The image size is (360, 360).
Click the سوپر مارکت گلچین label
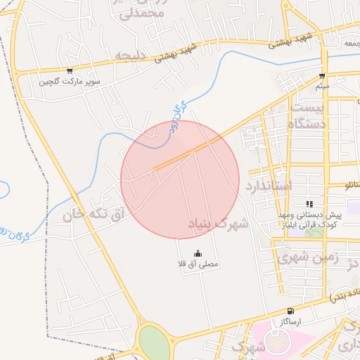click(x=70, y=82)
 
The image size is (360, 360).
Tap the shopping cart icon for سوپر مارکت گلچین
click(x=70, y=71)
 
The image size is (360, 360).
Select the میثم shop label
click(x=322, y=86)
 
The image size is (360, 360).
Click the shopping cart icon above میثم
click(x=322, y=76)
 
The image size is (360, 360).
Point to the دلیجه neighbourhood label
click(x=131, y=56)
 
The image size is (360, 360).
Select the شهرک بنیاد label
click(x=218, y=224)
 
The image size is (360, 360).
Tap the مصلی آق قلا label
click(x=198, y=264)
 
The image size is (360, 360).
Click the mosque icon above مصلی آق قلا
click(x=198, y=254)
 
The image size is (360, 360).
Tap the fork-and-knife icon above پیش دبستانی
click(x=309, y=203)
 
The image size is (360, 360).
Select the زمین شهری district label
click(x=307, y=258)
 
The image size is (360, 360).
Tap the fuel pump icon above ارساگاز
click(x=290, y=311)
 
